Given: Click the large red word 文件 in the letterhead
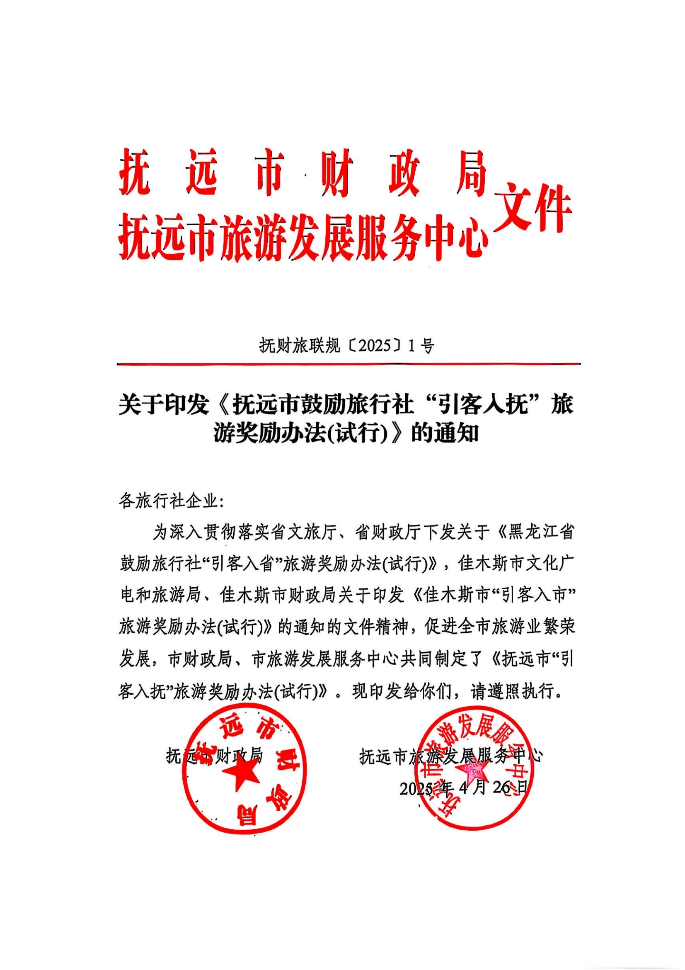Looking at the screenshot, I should pyautogui.click(x=532, y=208).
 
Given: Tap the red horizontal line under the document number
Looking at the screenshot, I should pyautogui.click(x=349, y=363).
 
